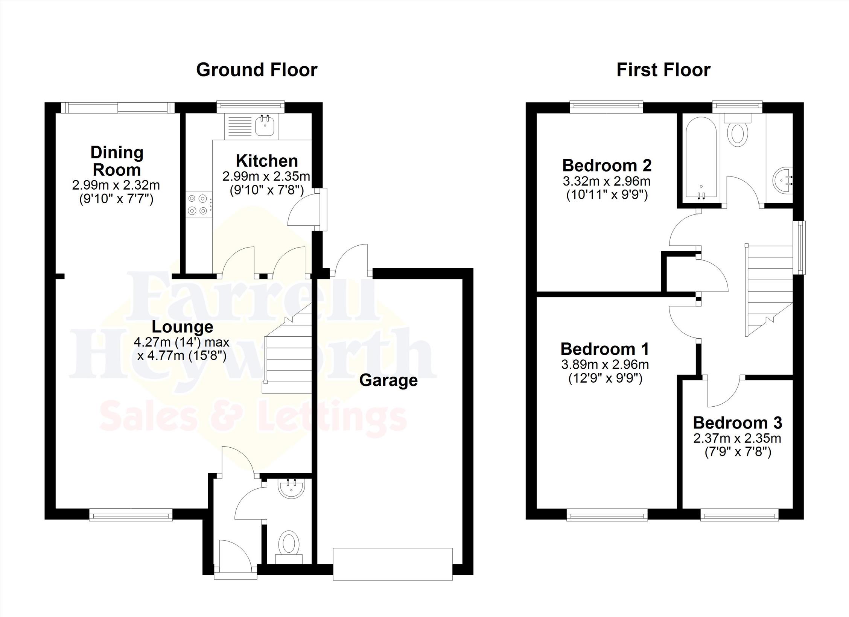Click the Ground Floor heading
[x=257, y=70]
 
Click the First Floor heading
[x=663, y=70]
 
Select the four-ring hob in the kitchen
[x=199, y=204]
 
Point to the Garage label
[x=388, y=380]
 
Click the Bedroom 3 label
[x=738, y=423]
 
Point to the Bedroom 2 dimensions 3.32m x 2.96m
[x=607, y=181]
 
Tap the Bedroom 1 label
[x=605, y=349]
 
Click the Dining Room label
[x=117, y=161]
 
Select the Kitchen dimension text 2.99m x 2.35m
[x=266, y=176]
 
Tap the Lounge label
[x=183, y=327]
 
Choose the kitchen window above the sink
[x=251, y=107]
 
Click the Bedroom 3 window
[x=739, y=515]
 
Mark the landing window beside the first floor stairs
[x=800, y=248]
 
